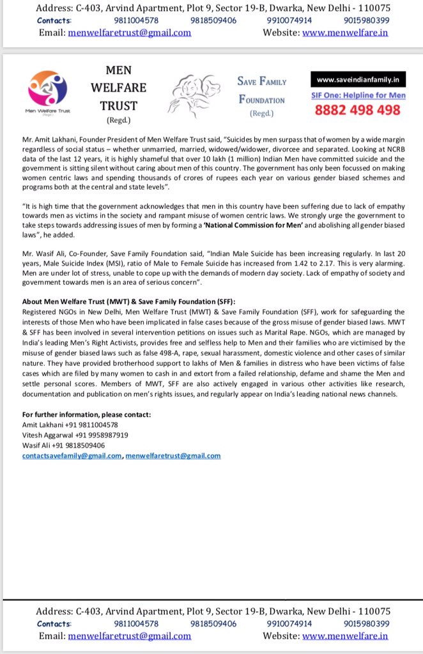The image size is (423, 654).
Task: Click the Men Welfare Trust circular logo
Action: [49, 89]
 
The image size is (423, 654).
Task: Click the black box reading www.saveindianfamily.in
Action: [358, 80]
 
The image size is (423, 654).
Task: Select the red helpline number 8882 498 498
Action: [358, 110]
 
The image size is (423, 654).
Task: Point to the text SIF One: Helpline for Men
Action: [358, 95]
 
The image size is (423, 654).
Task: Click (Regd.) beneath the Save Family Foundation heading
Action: [262, 114]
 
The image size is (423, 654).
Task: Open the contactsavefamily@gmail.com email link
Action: [72, 455]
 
